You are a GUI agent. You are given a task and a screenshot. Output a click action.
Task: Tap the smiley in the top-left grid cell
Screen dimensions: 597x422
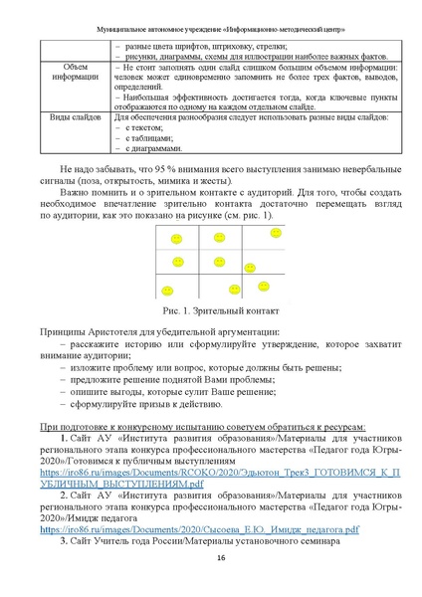pos(176,239)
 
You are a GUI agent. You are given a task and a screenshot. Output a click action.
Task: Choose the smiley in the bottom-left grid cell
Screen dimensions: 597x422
pos(176,289)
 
